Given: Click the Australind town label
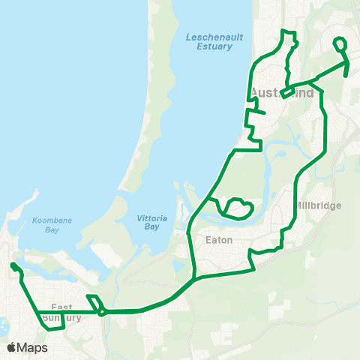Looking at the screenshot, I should tap(282, 93).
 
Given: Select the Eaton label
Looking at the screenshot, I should tap(219, 240).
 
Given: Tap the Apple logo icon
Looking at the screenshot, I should tap(12, 347).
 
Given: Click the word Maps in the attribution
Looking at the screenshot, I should tap(32, 347).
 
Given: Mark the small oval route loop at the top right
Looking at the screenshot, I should tap(340, 45).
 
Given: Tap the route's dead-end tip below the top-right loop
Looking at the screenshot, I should tap(345, 76).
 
